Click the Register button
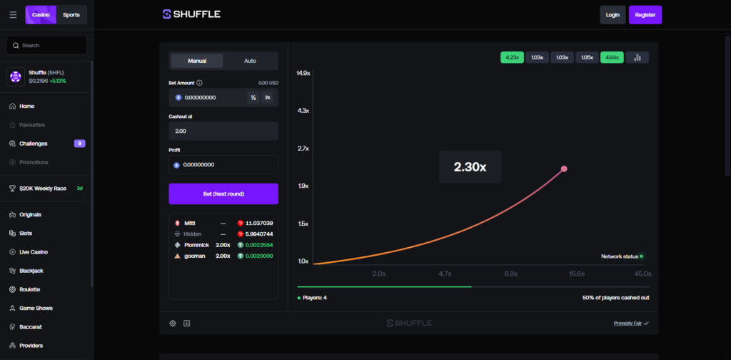645,15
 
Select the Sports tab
71,15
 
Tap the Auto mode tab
250,61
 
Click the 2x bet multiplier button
268,97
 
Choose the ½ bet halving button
253,97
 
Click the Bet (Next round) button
223,194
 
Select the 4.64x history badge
612,57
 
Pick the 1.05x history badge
587,57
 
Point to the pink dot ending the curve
564,169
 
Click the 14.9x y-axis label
304,73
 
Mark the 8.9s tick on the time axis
511,274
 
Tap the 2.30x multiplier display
470,167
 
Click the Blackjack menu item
31,271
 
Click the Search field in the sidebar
46,45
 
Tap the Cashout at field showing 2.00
223,131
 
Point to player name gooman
194,256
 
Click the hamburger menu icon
13,15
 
